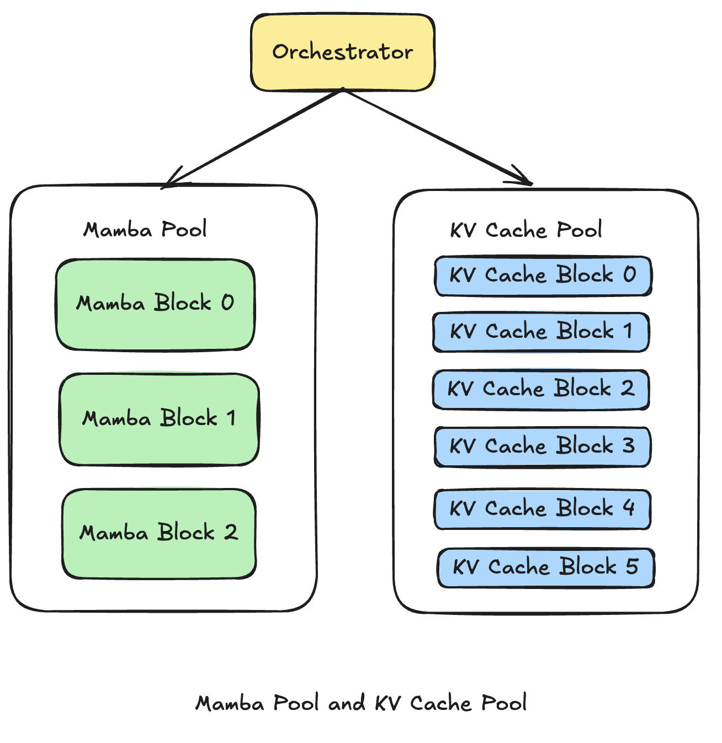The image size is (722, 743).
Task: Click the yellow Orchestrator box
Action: tap(343, 52)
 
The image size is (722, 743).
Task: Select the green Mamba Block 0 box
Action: tap(155, 304)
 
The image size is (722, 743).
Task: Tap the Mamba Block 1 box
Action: tap(159, 419)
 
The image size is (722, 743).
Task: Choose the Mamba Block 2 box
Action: tap(159, 533)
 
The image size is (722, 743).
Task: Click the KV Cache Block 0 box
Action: tap(543, 275)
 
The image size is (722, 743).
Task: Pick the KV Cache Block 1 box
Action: tap(541, 332)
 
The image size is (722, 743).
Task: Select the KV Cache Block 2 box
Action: tap(541, 389)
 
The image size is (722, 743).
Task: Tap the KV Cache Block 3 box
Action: tap(543, 447)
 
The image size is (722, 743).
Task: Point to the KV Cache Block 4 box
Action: tap(543, 509)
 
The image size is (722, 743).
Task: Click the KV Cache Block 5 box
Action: tap(546, 567)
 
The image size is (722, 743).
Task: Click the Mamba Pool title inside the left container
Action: tap(145, 230)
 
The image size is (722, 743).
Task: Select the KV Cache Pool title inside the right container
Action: tap(526, 230)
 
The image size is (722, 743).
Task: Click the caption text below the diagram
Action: tap(361, 703)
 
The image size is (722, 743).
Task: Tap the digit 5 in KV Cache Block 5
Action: tap(632, 566)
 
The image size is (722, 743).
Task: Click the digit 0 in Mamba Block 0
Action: tap(227, 302)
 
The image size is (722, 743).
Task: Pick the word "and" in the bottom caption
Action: tap(347, 703)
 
